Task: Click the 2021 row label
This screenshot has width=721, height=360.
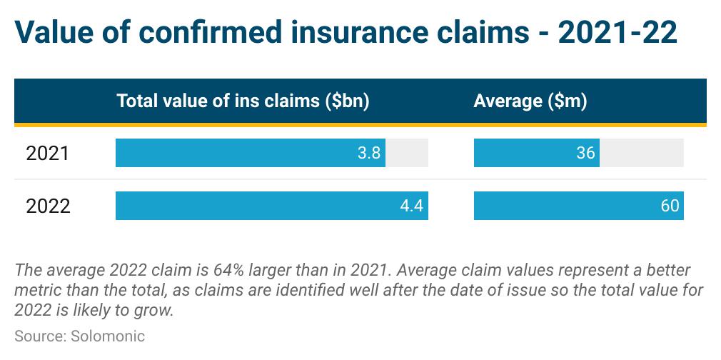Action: (x=47, y=154)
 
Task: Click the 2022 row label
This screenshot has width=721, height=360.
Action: (x=49, y=206)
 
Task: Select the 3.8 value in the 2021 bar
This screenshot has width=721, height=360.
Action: (x=369, y=153)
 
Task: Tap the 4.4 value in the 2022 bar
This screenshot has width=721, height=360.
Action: (x=411, y=205)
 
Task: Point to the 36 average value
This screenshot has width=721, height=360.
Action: (x=585, y=153)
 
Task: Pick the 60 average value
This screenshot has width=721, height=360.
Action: (x=670, y=205)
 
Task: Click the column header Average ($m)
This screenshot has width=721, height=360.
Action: (x=530, y=101)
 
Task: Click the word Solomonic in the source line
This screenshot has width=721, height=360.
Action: (x=108, y=336)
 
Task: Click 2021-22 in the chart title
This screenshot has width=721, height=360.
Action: (x=617, y=33)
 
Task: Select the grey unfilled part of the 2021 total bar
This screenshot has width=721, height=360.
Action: (x=407, y=153)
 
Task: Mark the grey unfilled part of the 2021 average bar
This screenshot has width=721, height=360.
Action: (x=642, y=153)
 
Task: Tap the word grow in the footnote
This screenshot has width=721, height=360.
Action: (x=156, y=311)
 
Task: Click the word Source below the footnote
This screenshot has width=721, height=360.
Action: (x=41, y=336)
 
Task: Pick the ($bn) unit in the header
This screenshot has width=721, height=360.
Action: (x=347, y=101)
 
